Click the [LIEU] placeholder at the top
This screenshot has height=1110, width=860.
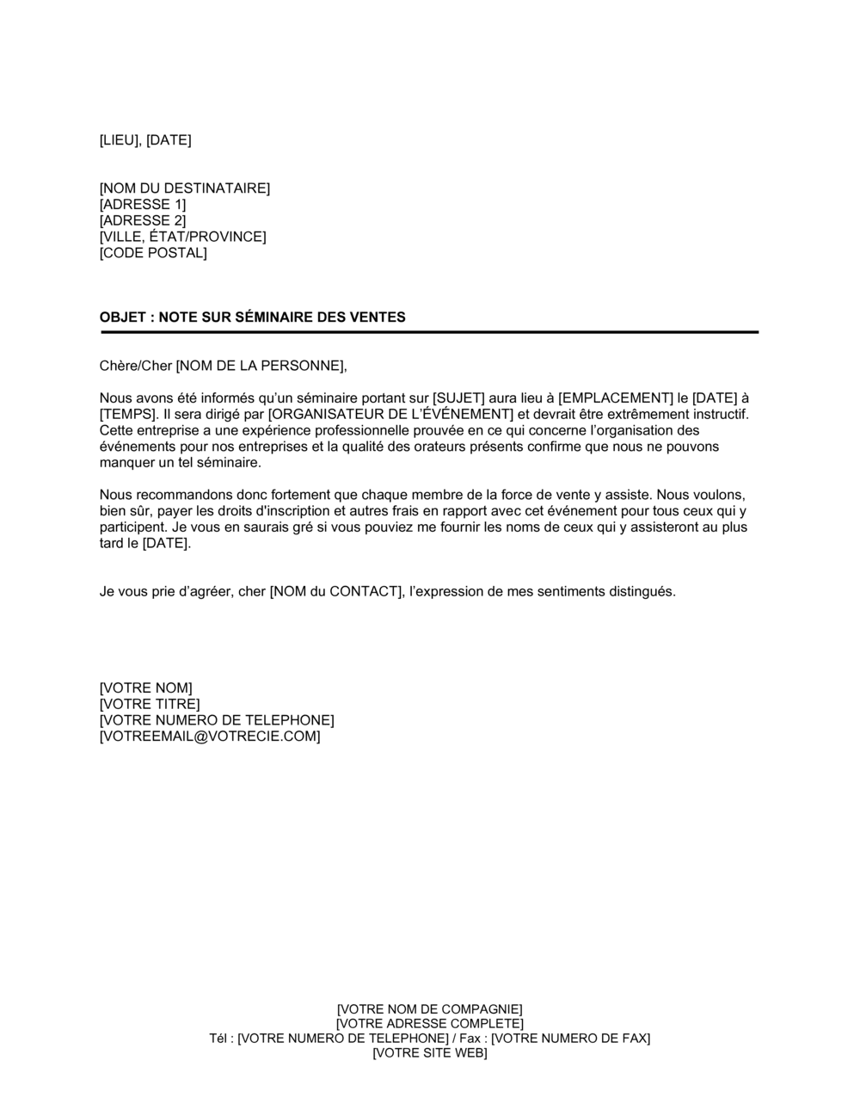[x=120, y=140]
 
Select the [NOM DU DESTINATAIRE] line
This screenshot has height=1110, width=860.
[x=185, y=188]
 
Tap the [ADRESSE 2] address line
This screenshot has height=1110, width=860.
[x=143, y=221]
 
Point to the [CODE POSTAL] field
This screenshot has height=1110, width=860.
[x=153, y=254]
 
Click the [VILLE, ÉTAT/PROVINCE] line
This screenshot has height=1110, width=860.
[x=182, y=237]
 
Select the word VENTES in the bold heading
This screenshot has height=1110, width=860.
[x=377, y=318]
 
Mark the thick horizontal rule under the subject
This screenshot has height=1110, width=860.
[x=428, y=332]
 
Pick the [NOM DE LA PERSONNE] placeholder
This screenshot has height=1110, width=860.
[x=261, y=366]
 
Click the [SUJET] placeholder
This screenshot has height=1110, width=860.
[x=458, y=398]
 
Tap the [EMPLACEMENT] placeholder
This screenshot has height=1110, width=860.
[x=616, y=398]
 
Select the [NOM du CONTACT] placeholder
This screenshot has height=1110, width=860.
[x=335, y=592]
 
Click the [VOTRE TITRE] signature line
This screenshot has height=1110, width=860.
[x=150, y=705]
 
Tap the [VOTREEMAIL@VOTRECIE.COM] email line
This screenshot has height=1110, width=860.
[x=210, y=737]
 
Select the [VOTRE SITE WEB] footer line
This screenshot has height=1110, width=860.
[x=429, y=1053]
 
